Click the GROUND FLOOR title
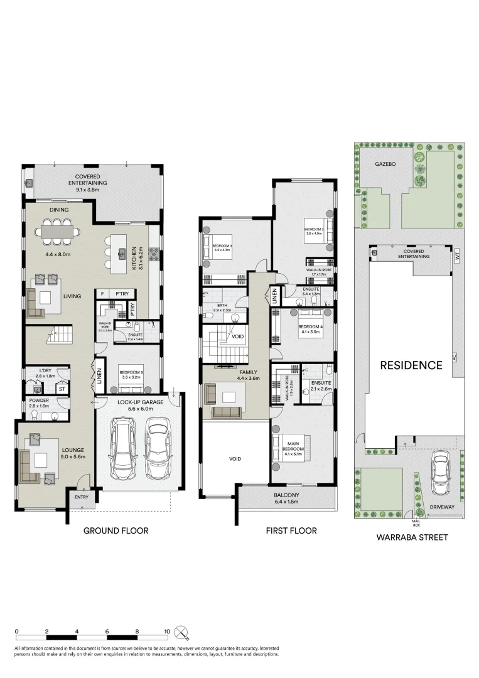(116, 530)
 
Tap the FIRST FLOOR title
(291, 530)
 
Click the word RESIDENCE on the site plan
(410, 365)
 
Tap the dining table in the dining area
(61, 231)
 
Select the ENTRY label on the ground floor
(82, 497)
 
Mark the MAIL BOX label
(416, 522)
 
